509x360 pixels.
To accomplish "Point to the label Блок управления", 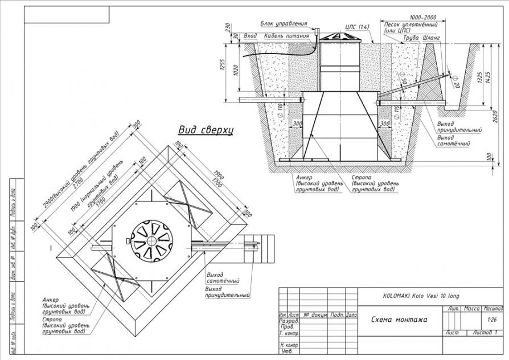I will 284,24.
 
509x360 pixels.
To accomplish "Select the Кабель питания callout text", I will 287,36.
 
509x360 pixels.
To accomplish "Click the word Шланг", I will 432,38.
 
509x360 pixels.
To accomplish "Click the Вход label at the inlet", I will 250,36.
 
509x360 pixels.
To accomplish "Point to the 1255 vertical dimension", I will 223,69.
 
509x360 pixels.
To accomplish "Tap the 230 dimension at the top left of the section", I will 227,27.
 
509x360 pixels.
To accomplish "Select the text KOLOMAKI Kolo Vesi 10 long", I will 417,297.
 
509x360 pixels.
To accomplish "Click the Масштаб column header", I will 492,308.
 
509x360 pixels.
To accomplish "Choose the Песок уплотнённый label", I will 411,26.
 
